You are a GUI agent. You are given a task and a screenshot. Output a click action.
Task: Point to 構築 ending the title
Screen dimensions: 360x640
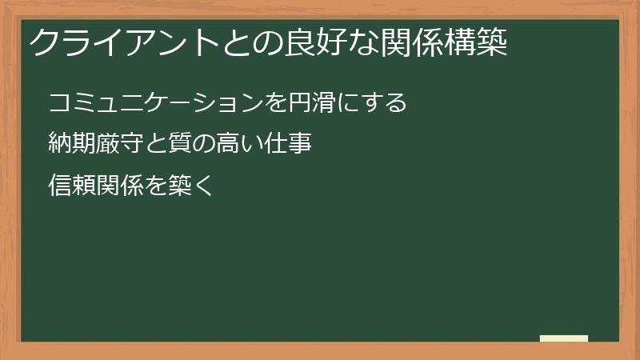477,42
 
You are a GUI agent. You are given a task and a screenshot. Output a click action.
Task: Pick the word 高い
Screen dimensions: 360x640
238,145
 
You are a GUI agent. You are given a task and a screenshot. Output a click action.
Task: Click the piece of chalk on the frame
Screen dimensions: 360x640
564,338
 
